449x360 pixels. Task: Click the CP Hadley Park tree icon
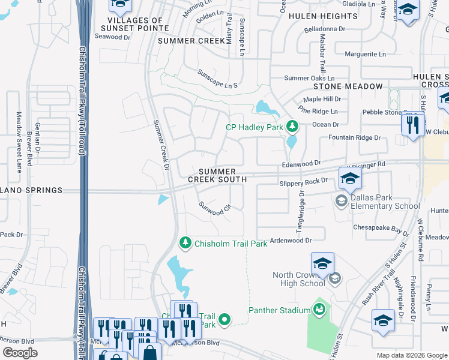pos(292,126)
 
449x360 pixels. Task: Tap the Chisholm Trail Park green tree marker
pos(186,243)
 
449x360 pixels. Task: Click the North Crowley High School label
pos(298,280)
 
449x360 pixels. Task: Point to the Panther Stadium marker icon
pos(319,310)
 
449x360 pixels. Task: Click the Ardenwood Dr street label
pos(291,240)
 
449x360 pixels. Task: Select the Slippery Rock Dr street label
pos(304,181)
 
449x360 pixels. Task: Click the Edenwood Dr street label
pos(301,163)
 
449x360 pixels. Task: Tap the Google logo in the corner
pos(20,353)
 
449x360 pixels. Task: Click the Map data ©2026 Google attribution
pos(411,355)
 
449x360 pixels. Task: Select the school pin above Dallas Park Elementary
pos(350,178)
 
